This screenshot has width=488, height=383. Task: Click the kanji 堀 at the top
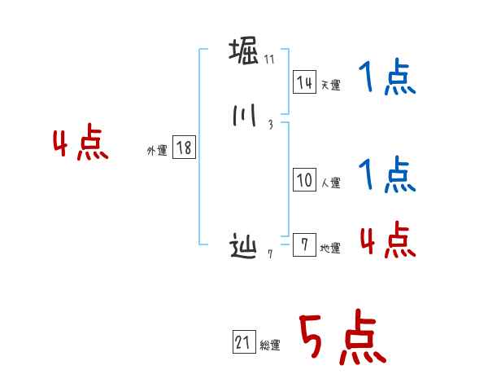coord(245,51)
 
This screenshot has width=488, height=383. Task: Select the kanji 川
coord(244,117)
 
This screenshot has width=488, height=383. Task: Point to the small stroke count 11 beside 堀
coord(269,59)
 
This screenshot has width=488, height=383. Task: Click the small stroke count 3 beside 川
coord(269,125)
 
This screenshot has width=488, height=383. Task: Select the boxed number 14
coord(304,81)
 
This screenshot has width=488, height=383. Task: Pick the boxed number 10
coord(304,181)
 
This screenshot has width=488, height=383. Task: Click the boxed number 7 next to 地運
coord(304,245)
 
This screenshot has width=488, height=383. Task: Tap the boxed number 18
coord(184,147)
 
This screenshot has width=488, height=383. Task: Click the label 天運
coord(330,85)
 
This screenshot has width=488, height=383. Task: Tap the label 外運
coord(157,151)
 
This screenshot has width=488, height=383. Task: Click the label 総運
coord(270,346)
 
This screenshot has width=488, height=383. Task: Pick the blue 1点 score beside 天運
coord(386,80)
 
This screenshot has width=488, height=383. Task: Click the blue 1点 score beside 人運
coord(386,175)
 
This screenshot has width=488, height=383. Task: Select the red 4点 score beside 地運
coord(386,240)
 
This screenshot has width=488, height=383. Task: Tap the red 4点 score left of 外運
coord(81,144)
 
